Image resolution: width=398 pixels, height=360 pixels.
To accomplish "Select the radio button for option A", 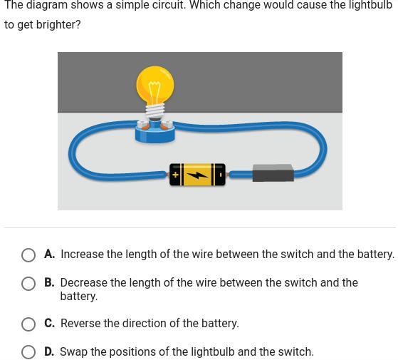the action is pos(28,254).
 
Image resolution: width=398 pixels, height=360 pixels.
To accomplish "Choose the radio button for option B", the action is pos(28,284).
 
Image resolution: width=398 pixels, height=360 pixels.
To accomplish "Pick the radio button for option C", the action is pos(28,324).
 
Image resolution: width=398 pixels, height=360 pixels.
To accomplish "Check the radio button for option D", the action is pos(28,352).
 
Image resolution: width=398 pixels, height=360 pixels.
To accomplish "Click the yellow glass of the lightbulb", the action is pos(155,85).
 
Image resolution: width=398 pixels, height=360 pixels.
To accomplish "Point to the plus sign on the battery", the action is pos(175,175).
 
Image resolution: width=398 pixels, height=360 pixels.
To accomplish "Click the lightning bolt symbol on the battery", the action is pos(197,175).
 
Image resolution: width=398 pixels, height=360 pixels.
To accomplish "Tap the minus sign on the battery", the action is pos(221,175).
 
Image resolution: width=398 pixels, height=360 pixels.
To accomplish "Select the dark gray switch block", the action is pos(273,173).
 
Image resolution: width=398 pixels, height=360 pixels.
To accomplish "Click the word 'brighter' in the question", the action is pos(58,25).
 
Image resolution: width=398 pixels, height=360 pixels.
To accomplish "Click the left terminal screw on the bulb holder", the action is pos(142,125).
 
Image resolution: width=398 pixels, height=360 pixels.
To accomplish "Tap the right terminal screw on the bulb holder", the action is pos(167,125).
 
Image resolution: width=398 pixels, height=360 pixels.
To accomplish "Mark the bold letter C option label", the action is pos(50,323).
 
